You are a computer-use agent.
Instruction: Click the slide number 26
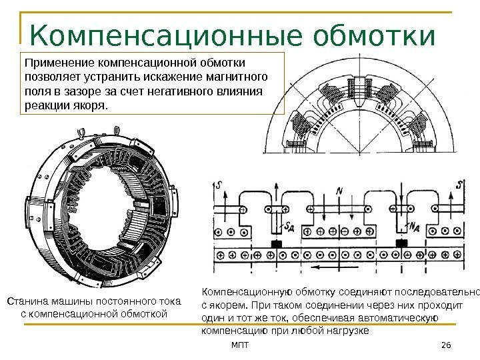point(446,343)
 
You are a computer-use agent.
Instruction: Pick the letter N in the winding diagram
point(340,192)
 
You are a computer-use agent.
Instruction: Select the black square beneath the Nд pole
point(402,244)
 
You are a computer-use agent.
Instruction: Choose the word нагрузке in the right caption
point(349,330)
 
